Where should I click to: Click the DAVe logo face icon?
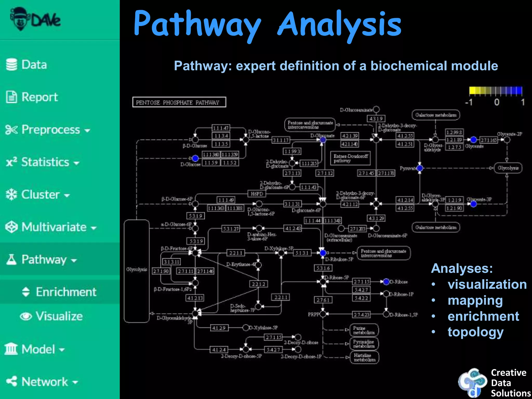coord(20,19)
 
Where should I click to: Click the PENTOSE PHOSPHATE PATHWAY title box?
coord(179,102)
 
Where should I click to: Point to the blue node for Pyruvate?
coord(420,168)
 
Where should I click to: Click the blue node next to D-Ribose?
coord(386,282)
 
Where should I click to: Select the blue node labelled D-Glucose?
coord(195,158)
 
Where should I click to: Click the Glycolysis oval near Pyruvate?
coord(508,168)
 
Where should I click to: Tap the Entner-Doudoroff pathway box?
coord(350,158)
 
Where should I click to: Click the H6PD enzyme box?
coord(257,194)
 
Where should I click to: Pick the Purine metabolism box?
coord(364,330)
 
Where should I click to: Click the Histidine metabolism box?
coord(364,357)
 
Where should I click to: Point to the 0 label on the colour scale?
coord(497,102)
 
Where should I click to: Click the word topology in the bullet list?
coord(475,332)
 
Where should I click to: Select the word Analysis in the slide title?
coord(340,25)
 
